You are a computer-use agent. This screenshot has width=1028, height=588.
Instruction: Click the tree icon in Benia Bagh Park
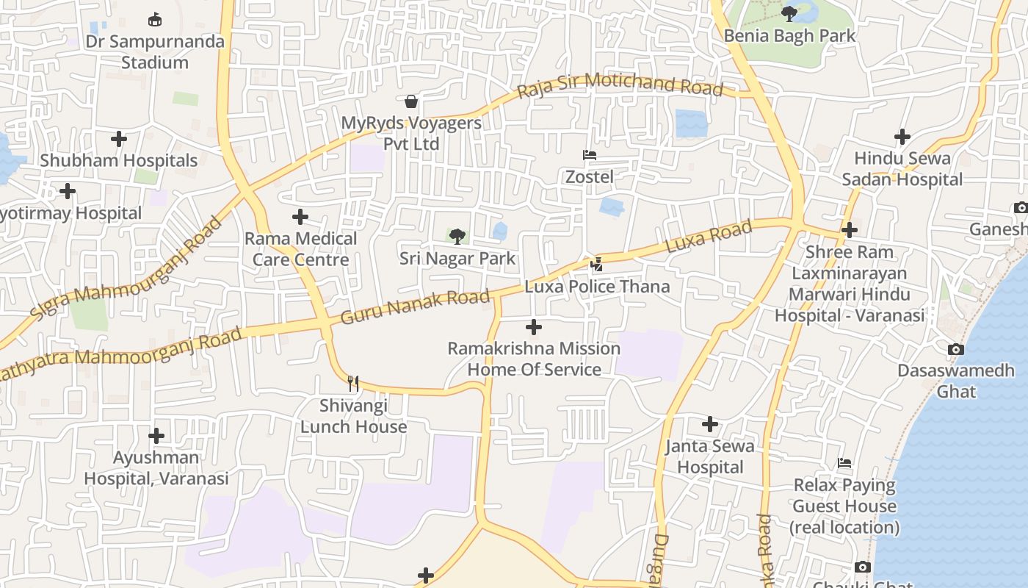(789, 13)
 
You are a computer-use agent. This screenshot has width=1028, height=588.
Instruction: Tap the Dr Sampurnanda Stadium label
(155, 51)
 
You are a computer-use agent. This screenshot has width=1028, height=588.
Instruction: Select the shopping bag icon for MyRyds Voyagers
(411, 100)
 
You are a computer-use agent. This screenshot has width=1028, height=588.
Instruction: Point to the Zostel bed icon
(589, 155)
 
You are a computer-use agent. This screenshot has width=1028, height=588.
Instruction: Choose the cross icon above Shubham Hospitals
(118, 138)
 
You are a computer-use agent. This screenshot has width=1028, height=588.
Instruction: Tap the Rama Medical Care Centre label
(300, 249)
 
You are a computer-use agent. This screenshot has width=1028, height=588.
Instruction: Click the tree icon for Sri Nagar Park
(457, 236)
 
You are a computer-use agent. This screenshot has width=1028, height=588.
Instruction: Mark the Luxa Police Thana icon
(598, 264)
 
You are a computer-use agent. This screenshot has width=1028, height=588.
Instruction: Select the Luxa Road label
(709, 237)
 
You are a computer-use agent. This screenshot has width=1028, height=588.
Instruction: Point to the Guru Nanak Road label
(415, 307)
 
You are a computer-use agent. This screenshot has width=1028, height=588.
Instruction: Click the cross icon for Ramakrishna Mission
(534, 326)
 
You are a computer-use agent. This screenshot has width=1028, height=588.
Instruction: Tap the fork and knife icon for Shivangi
(353, 383)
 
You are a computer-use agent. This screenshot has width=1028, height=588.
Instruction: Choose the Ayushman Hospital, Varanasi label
(156, 467)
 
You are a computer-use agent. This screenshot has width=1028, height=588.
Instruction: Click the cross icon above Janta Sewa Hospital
(709, 424)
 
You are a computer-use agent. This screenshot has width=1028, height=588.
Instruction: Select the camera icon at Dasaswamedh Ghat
(955, 349)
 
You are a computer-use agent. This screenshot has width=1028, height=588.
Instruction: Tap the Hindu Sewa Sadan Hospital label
(902, 168)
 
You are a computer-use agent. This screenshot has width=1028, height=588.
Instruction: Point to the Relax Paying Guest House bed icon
(844, 463)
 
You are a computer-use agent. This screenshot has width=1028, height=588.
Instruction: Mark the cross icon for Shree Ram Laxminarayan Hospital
(850, 230)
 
